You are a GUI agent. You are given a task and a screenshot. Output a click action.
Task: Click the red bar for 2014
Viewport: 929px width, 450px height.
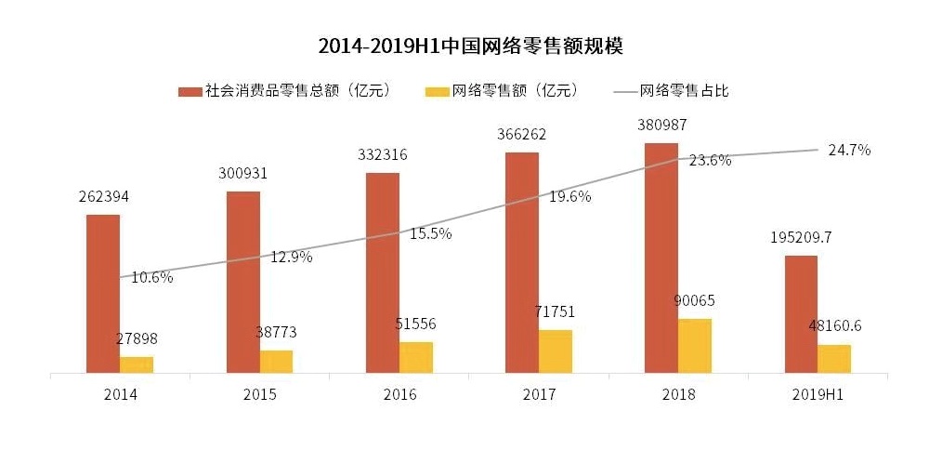coord(103,294)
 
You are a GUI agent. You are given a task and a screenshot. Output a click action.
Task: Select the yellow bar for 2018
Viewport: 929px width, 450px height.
coord(695,346)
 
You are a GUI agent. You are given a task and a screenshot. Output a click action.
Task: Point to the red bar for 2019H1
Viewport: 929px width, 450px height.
coord(801,314)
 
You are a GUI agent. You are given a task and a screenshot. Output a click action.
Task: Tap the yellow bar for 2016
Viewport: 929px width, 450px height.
coord(416,357)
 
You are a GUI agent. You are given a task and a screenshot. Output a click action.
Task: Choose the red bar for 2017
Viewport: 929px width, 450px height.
coord(522,262)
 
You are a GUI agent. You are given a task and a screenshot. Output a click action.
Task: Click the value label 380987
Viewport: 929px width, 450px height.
coord(661,125)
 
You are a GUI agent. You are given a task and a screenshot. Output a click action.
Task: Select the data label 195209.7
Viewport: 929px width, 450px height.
coord(800,237)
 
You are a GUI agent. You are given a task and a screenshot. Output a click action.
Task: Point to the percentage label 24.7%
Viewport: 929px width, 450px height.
coord(849,150)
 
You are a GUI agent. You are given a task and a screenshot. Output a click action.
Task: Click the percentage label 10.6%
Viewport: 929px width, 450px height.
coord(151,276)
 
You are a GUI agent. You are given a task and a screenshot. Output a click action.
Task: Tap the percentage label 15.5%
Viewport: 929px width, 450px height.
coord(430,234)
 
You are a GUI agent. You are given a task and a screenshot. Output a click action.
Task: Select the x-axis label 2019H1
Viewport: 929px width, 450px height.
coord(818,395)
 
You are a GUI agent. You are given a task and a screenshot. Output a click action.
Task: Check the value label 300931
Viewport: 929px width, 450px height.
coord(242,174)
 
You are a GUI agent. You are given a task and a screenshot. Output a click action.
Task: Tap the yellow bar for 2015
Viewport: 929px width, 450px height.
coord(276,362)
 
